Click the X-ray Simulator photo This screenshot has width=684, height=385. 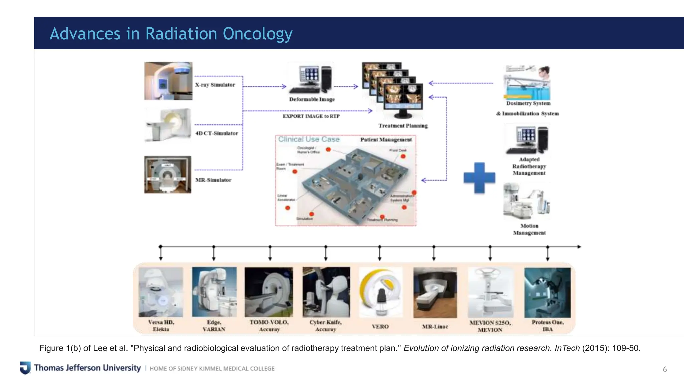click(168, 81)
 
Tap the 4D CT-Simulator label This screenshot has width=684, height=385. click(216, 133)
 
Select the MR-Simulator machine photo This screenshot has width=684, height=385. click(168, 174)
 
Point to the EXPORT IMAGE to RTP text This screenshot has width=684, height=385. click(311, 116)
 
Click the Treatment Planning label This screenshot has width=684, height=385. click(403, 126)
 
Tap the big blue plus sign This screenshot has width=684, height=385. click(479, 178)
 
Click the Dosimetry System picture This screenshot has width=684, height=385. click(527, 83)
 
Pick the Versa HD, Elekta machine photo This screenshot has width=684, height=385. click(161, 292)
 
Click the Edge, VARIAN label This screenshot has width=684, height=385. click(214, 326)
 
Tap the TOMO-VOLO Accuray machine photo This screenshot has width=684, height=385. click(269, 292)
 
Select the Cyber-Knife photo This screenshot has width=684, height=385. click(326, 292)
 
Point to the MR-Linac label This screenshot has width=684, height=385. click(435, 326)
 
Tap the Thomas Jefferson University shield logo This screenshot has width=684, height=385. click(25, 368)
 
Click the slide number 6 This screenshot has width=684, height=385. click(665, 369)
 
